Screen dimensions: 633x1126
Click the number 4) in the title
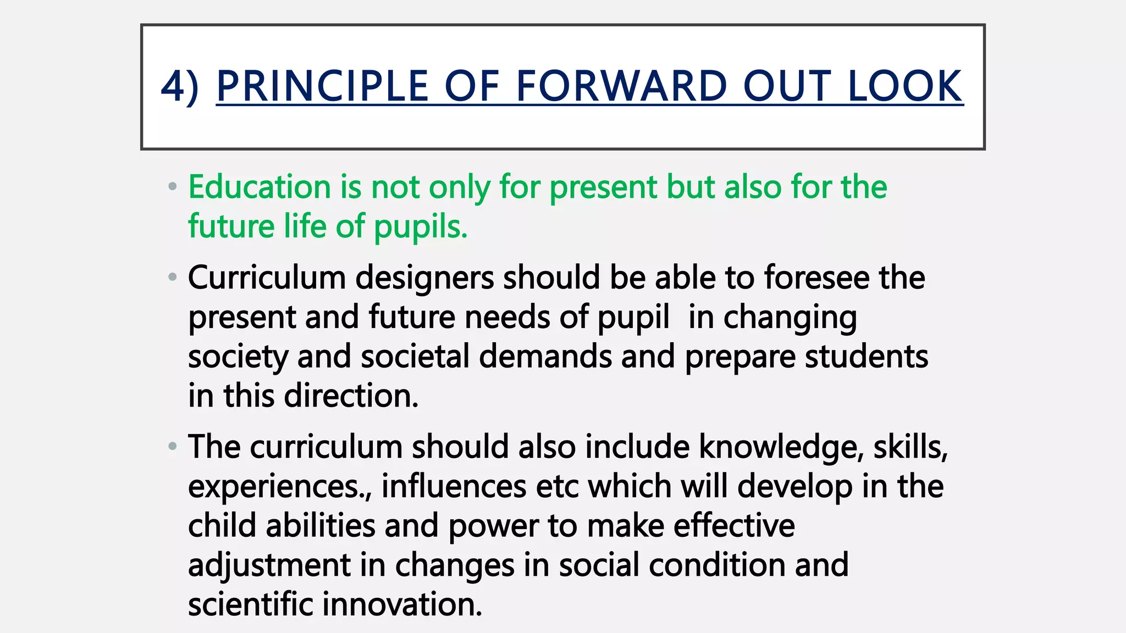pyautogui.click(x=179, y=87)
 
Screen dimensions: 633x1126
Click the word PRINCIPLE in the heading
pyautogui.click(x=322, y=87)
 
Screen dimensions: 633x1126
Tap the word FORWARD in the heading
pyautogui.click(x=621, y=87)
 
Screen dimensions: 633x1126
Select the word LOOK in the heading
pyautogui.click(x=905, y=87)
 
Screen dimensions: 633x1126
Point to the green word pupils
pyautogui.click(x=421, y=227)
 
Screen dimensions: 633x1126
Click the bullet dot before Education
pyautogui.click(x=173, y=187)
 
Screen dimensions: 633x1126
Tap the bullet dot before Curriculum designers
pyautogui.click(x=173, y=277)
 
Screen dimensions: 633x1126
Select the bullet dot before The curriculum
pyautogui.click(x=173, y=446)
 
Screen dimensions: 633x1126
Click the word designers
pyautogui.click(x=424, y=277)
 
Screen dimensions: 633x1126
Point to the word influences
pyautogui.click(x=454, y=486)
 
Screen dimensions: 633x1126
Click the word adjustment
pyautogui.click(x=269, y=566)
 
